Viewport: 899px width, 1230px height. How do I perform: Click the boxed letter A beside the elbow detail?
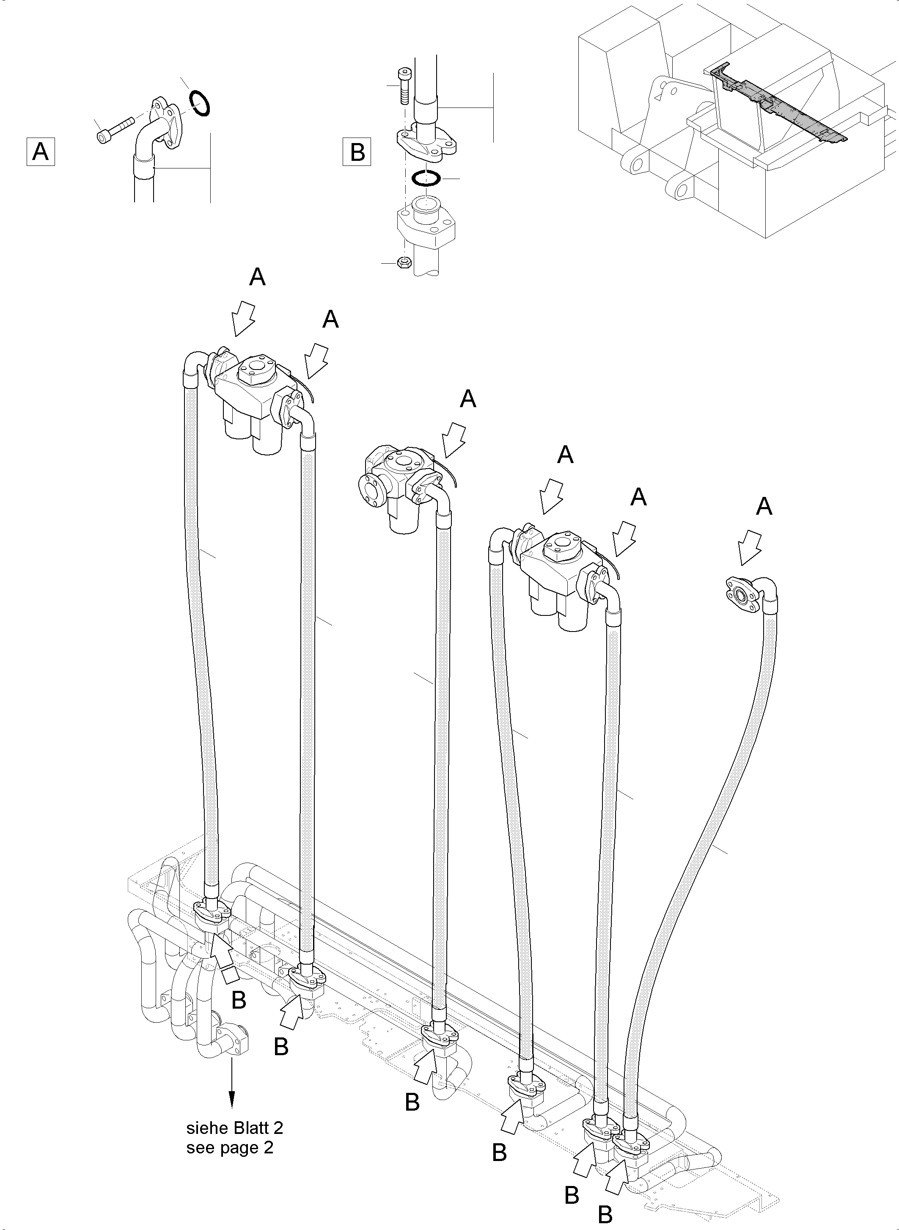point(41,152)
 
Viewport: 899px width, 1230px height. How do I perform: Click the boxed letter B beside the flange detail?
point(357,152)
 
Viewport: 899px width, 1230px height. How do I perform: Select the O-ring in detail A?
point(200,103)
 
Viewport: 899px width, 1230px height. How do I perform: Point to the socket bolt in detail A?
point(116,130)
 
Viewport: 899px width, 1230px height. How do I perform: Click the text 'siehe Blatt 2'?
point(234,1128)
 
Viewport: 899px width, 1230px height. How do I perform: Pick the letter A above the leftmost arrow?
point(257,277)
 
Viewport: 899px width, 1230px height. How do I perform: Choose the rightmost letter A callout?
point(764,507)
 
